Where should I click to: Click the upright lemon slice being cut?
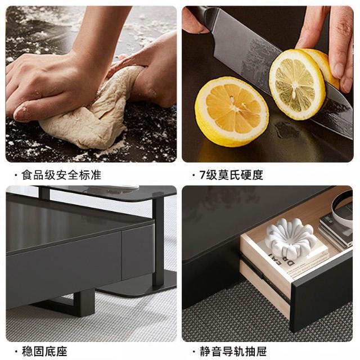pyautogui.click(x=298, y=84)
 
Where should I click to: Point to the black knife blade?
pyautogui.click(x=276, y=69)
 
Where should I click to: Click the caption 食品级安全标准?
pyautogui.click(x=61, y=175)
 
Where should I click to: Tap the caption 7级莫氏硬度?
pyautogui.click(x=231, y=175)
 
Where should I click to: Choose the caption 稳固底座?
pyautogui.click(x=44, y=352)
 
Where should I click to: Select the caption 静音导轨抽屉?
pyautogui.click(x=233, y=352)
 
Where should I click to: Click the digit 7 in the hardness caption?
pyautogui.click(x=202, y=175)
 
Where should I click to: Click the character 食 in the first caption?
pyautogui.click(x=26, y=175)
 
